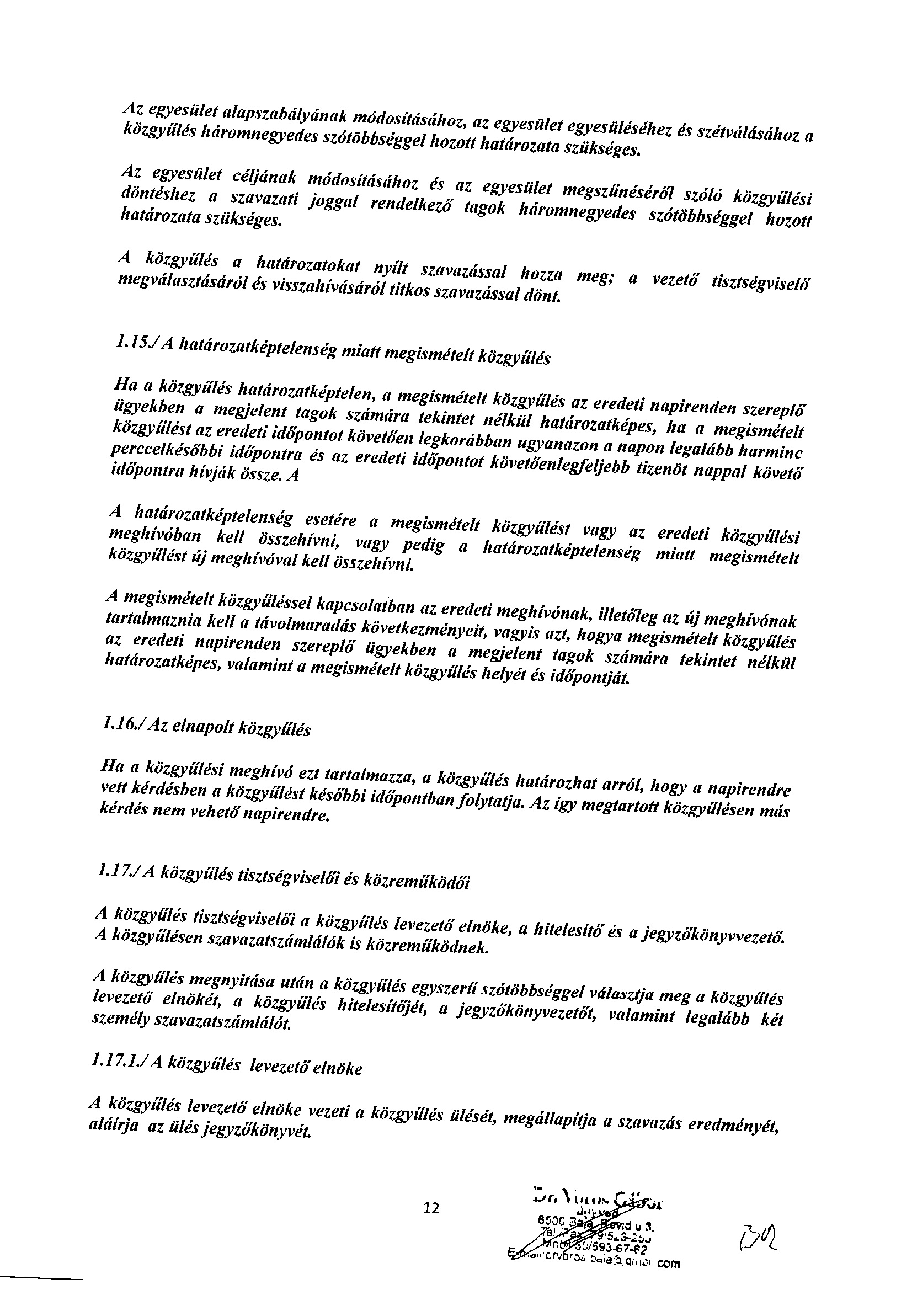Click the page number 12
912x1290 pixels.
point(431,1207)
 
